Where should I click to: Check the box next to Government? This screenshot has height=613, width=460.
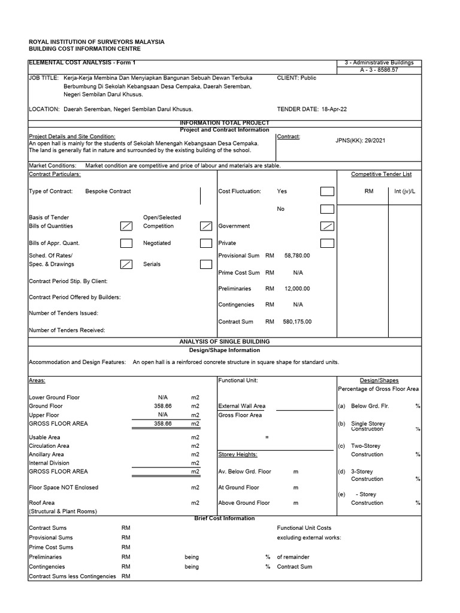[327, 226]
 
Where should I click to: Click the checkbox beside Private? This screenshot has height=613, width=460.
[327, 243]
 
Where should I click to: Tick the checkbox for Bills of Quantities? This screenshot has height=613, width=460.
[126, 226]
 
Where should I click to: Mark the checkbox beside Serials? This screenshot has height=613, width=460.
[206, 264]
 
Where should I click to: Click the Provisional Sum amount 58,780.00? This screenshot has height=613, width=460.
[297, 256]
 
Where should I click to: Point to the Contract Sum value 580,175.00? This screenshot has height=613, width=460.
[297, 321]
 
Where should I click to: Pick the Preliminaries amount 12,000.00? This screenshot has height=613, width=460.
[297, 289]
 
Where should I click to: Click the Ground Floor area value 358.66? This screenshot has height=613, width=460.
[162, 406]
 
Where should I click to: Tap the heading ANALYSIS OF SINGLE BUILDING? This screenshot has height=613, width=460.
[225, 341]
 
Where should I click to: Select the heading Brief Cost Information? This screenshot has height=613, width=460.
[225, 518]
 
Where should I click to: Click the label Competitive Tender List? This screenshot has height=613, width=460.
[381, 174]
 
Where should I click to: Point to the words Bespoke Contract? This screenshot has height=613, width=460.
[108, 192]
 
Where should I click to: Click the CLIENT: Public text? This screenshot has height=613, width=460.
[296, 78]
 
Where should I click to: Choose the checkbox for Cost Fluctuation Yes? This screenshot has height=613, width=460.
[327, 192]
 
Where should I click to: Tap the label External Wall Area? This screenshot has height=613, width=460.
[242, 406]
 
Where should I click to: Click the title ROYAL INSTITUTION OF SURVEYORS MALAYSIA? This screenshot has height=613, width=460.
[96, 42]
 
